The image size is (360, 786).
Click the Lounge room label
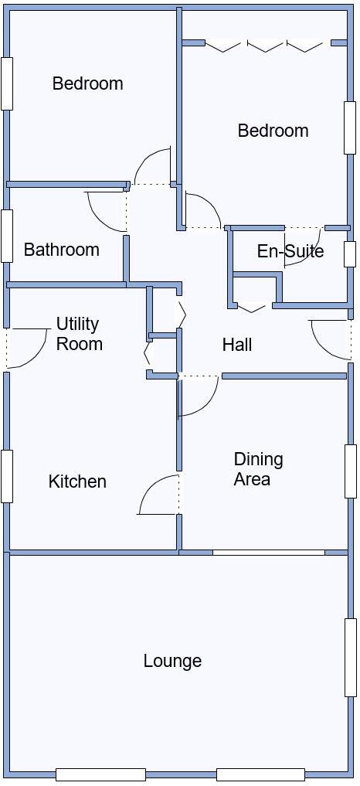172,661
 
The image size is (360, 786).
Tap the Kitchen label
77,481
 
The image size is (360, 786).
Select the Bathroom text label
61,250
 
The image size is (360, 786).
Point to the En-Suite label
290,251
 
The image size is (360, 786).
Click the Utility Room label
78,334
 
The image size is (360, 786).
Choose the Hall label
237,345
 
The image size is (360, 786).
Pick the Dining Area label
258,469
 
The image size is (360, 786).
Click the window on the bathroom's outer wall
7,236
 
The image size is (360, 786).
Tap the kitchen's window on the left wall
7,476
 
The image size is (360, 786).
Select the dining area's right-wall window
351,471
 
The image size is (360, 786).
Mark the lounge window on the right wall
351,657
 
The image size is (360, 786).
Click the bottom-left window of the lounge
100,774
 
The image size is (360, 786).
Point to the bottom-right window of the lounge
260,774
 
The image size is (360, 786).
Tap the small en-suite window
350,254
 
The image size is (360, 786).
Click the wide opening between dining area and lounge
269,553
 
